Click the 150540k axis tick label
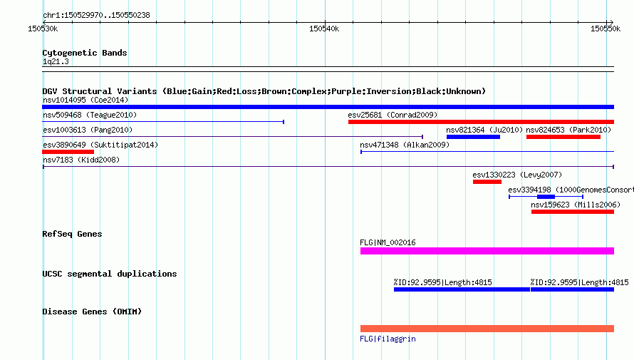tap(324, 29)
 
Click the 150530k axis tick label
tap(43, 29)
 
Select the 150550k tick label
tap(606, 29)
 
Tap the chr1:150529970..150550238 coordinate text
tap(96, 15)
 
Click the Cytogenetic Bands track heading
tap(85, 53)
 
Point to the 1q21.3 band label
tap(56, 61)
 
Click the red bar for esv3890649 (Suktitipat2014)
tap(68, 152)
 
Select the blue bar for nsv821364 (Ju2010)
tap(473, 137)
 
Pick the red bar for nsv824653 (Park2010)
tap(563, 137)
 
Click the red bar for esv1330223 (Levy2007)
tap(487, 182)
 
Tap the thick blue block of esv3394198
tap(546, 197)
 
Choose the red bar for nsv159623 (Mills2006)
tap(573, 212)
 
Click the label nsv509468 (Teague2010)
tap(90, 115)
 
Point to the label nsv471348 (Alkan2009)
tap(405, 145)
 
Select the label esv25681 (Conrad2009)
tap(393, 115)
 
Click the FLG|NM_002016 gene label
tap(388, 242)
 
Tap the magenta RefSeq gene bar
tap(487, 251)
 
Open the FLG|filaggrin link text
tap(388, 339)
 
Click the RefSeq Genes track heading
tap(72, 234)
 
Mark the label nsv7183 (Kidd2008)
tap(81, 160)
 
